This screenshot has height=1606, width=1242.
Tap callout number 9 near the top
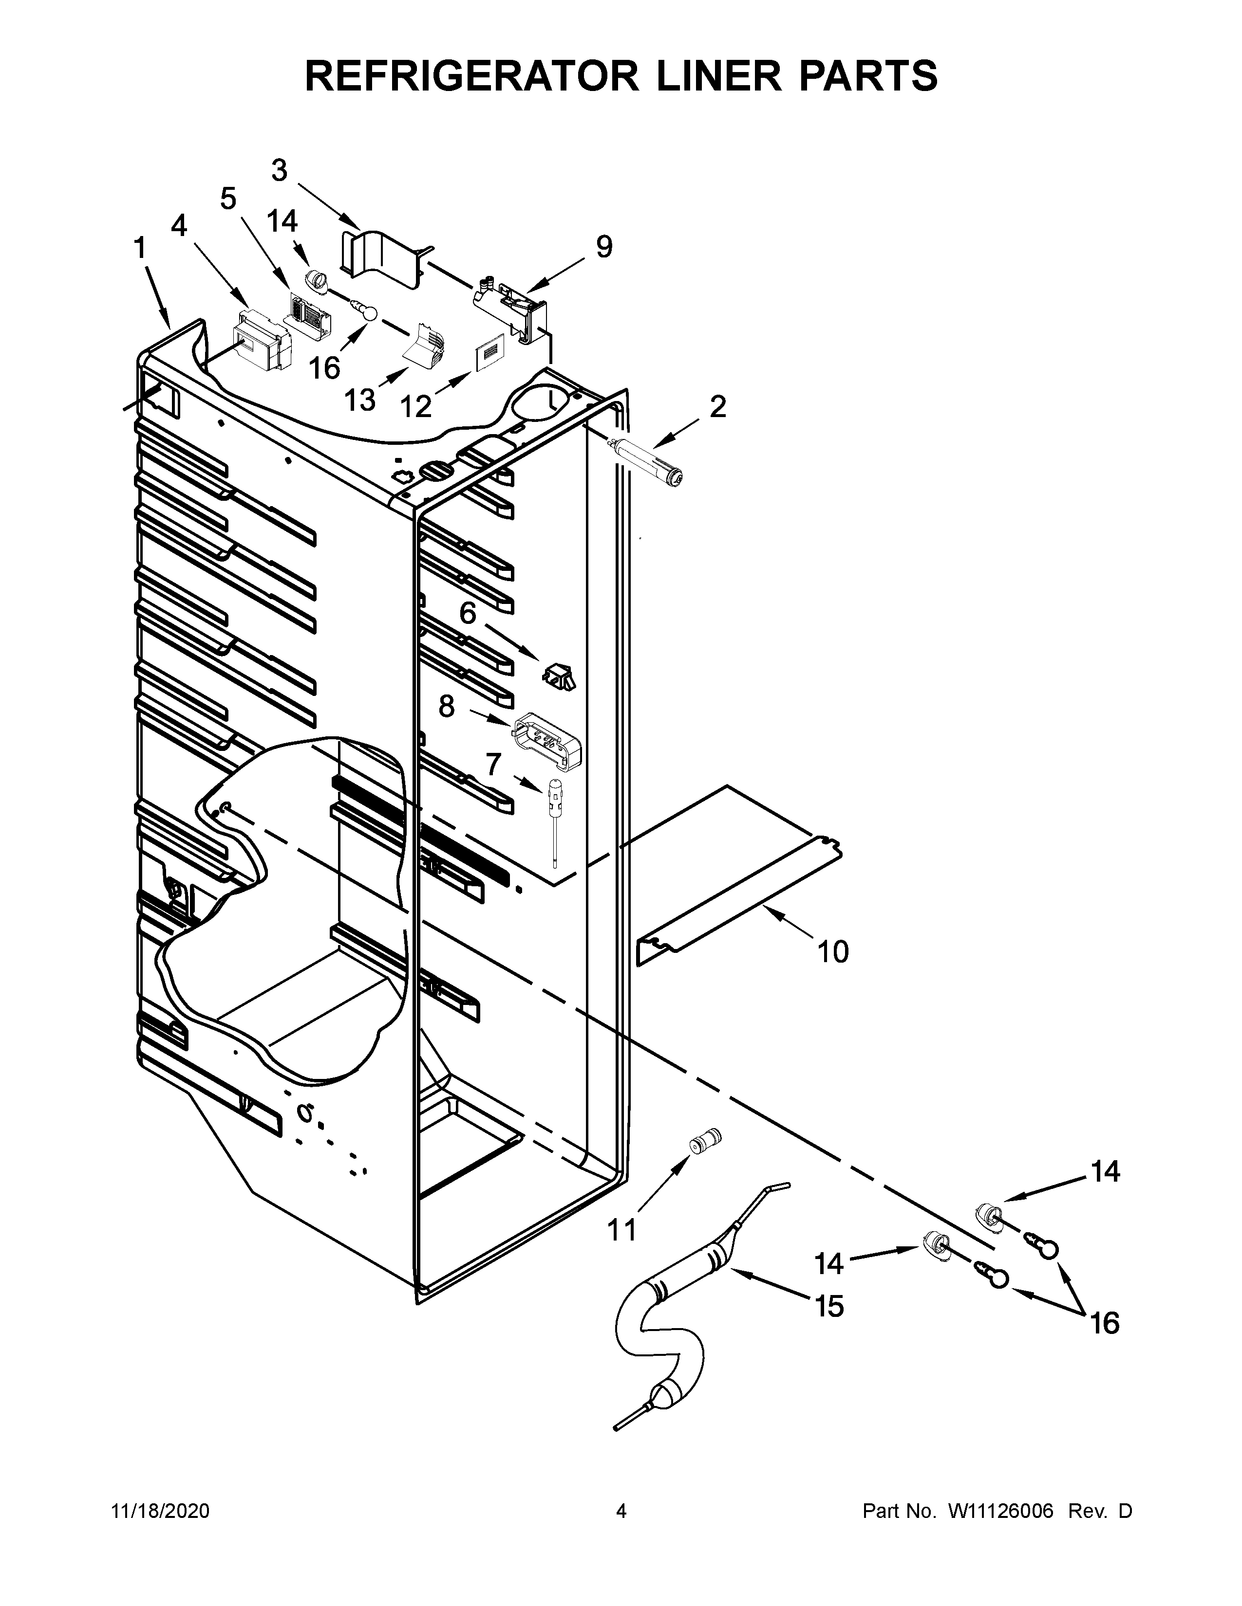[x=603, y=247]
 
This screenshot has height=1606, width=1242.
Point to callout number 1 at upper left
[x=139, y=250]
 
